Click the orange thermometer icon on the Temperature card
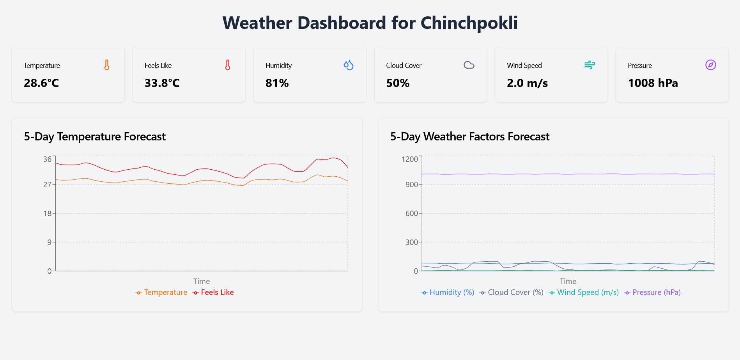coord(107,65)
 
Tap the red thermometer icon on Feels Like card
coord(228,65)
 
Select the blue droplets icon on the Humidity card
coord(348,65)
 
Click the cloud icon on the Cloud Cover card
coord(469,65)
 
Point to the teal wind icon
coord(590,65)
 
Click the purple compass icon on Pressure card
coord(710,65)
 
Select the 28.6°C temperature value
coord(41,83)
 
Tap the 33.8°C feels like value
coord(162,83)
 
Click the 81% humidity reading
coord(277,83)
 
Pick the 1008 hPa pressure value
coord(653,83)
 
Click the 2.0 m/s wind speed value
coord(527,83)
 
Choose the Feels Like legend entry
coord(213,293)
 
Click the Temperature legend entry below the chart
coord(161,293)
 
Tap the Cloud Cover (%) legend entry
coord(512,293)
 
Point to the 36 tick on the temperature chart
coord(47,159)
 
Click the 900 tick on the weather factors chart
coord(411,184)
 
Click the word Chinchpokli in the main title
coord(469,23)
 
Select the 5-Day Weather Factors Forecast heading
coord(469,137)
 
